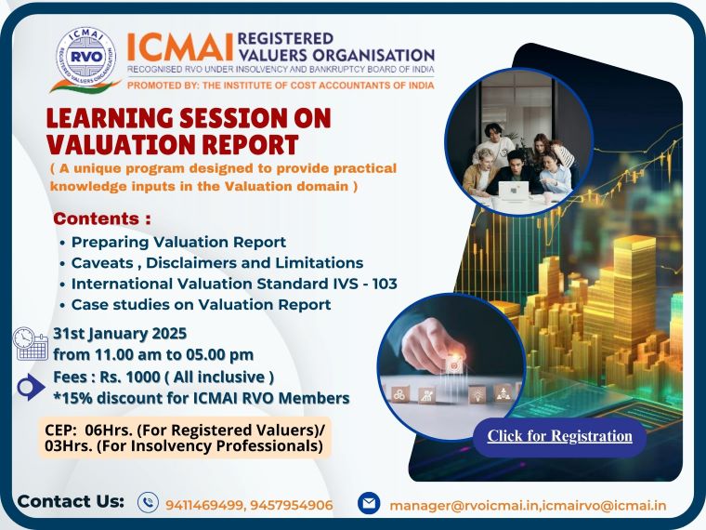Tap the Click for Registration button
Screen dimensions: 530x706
[559, 436]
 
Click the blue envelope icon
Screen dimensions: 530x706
[369, 503]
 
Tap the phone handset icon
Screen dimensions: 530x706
[148, 503]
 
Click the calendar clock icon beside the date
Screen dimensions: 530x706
[31, 343]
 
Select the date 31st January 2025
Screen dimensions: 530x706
[120, 333]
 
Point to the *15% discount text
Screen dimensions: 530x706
[201, 398]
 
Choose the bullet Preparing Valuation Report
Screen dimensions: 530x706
[178, 242]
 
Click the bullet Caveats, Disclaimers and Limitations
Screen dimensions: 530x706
[216, 262]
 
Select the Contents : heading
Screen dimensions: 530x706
[102, 219]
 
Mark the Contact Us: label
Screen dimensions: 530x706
[71, 501]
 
